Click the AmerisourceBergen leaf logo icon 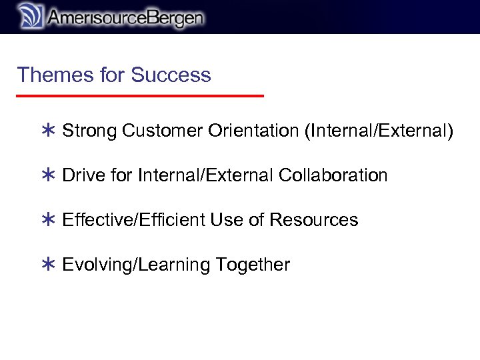pos(29,16)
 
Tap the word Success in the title pos(171,75)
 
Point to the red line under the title pos(140,96)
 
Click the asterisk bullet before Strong pos(47,131)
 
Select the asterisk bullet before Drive pos(47,176)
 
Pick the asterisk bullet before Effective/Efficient pos(47,221)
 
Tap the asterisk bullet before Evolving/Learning pos(47,265)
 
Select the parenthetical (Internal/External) pos(378,131)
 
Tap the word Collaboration pos(333,175)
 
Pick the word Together pos(253,265)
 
